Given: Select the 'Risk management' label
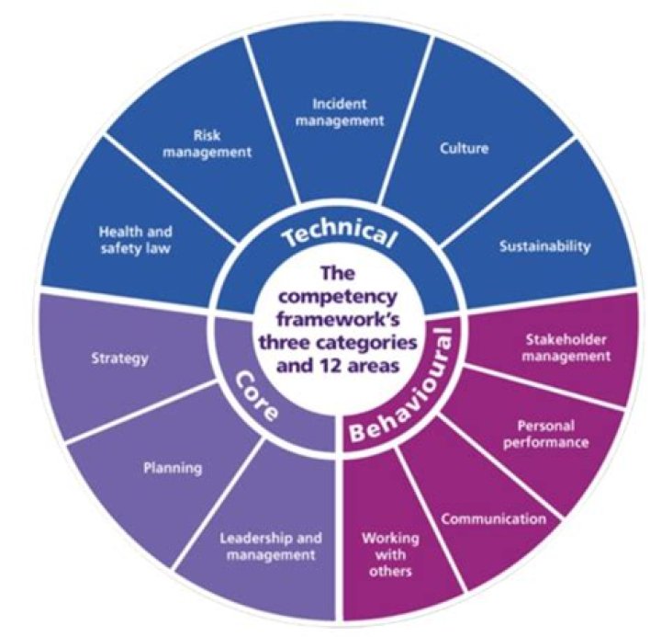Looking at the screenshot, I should tap(207, 142).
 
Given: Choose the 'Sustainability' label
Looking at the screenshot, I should tap(545, 246).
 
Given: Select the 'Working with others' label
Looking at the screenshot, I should tap(387, 552).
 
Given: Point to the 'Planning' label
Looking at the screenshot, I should tap(173, 468).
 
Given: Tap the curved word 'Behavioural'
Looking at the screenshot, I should tap(412, 404).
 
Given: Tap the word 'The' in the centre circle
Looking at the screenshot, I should tap(335, 275).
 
